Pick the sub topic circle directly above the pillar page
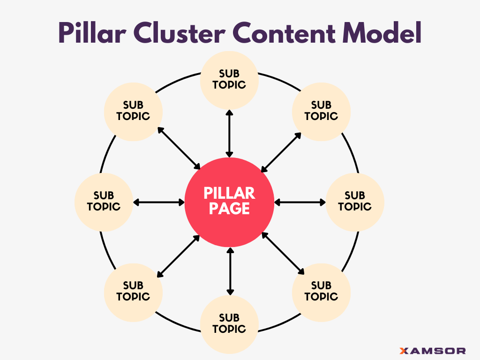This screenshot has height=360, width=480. tap(229, 79)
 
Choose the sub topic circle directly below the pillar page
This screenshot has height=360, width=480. tap(229, 323)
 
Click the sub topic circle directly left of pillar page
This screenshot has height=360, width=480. tap(104, 202)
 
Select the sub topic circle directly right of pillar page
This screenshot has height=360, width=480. tap(355, 202)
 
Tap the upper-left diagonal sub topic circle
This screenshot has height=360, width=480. tap(133, 111)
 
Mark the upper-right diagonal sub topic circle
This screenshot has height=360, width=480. tap(321, 111)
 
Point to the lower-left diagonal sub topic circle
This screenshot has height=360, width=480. tap(133, 291)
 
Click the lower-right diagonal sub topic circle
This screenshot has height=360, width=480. tap(321, 291)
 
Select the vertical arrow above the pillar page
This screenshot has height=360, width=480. tap(229, 134)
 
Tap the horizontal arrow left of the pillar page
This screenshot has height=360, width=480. tap(159, 202)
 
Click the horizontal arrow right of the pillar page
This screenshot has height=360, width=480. tap(300, 202)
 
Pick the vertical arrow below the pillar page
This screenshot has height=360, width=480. tap(229, 271)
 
